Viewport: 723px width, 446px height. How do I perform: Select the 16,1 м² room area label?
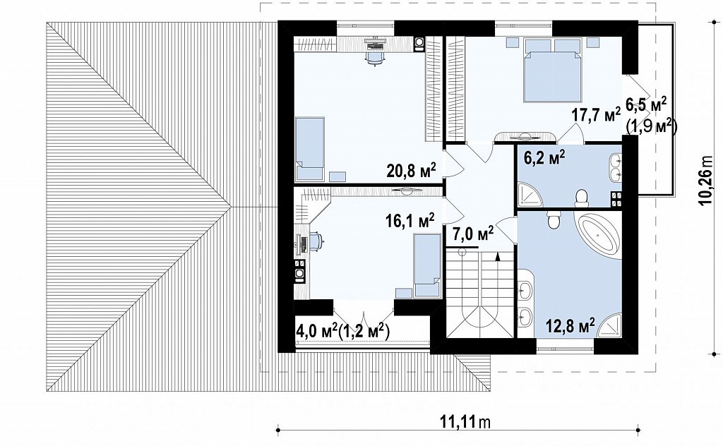pos(410,221)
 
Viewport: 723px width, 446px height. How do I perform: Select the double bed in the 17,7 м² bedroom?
pos(552,70)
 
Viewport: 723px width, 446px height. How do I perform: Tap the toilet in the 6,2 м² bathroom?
pos(582,198)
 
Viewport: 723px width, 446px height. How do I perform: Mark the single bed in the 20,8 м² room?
pos(311,149)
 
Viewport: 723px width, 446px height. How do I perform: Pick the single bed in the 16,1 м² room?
pos(427,265)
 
